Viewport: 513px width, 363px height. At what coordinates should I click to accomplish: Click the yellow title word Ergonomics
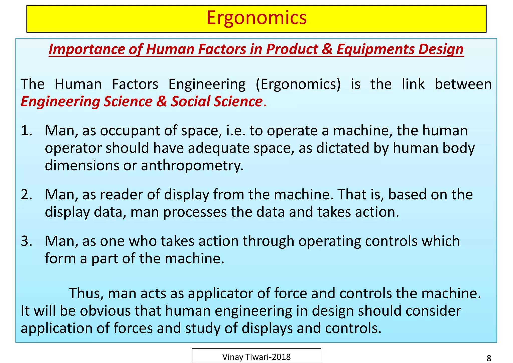[x=256, y=18]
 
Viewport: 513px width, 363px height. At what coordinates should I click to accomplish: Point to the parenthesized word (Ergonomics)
[x=298, y=84]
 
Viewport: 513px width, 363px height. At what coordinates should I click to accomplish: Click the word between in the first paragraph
[x=463, y=84]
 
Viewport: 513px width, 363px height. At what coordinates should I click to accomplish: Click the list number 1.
[x=26, y=131]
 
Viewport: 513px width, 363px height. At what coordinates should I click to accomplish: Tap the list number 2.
[x=26, y=195]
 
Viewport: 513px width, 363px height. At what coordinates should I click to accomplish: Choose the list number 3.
[x=26, y=241]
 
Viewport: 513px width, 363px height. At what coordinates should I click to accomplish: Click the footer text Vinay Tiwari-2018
[x=256, y=357]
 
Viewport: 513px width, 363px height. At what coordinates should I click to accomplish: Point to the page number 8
[x=489, y=358]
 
